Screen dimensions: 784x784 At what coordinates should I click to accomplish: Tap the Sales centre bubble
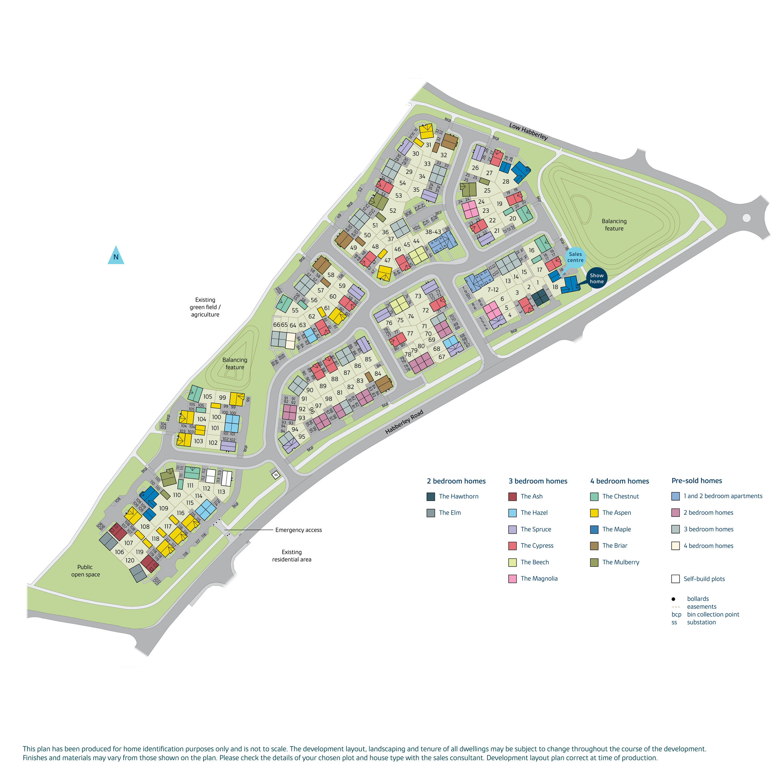[x=575, y=257]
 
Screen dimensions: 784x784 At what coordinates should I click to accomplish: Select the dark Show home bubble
[x=596, y=278]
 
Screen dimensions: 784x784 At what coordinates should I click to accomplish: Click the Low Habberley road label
[x=528, y=131]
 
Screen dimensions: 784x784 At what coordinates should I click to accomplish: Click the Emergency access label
[x=298, y=530]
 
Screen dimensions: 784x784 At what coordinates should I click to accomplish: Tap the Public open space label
[x=85, y=571]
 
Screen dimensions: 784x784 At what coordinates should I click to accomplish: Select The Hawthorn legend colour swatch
[x=431, y=496]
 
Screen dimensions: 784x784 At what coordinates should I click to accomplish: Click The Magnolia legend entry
[x=539, y=579]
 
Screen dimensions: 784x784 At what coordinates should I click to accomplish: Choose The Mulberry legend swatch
[x=594, y=562]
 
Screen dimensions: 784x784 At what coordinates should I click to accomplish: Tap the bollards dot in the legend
[x=674, y=599]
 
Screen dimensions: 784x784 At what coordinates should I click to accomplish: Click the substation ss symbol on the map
[x=276, y=475]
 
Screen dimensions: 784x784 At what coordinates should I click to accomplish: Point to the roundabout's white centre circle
[x=747, y=218]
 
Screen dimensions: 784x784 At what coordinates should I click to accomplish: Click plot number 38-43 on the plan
[x=433, y=232]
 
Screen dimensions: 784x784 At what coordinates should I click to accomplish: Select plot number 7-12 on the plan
[x=493, y=290]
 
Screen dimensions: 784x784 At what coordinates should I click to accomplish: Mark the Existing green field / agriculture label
[x=205, y=307]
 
